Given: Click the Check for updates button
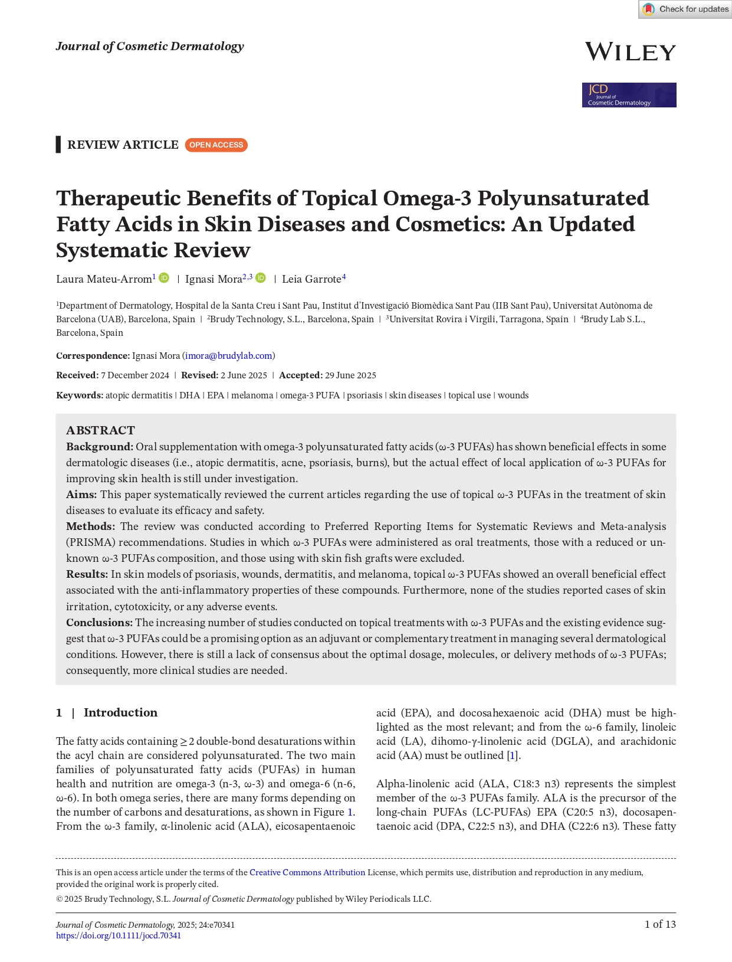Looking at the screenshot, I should click(x=685, y=9).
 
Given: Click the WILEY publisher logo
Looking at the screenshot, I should click(x=630, y=53).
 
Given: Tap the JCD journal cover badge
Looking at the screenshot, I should click(x=629, y=95).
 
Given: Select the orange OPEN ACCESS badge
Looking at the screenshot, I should click(x=216, y=145).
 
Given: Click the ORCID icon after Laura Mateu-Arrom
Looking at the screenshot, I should click(x=164, y=278).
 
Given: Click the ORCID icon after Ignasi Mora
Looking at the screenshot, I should click(x=261, y=278).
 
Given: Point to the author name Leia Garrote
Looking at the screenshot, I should click(x=311, y=279).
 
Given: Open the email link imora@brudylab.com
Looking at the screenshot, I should click(x=229, y=356).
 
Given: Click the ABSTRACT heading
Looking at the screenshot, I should click(x=100, y=430).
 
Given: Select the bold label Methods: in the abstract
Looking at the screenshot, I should click(x=90, y=526).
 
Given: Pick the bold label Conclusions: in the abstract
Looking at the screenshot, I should click(x=99, y=623).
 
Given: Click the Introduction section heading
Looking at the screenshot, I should click(x=120, y=713).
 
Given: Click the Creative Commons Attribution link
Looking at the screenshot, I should click(x=307, y=872).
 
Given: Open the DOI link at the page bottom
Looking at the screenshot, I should click(x=119, y=935).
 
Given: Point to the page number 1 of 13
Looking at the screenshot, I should click(x=660, y=924).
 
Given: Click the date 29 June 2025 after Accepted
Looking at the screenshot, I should click(x=350, y=375).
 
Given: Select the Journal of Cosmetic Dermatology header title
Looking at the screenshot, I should click(x=150, y=47).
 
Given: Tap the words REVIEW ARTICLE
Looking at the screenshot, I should click(x=123, y=145).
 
